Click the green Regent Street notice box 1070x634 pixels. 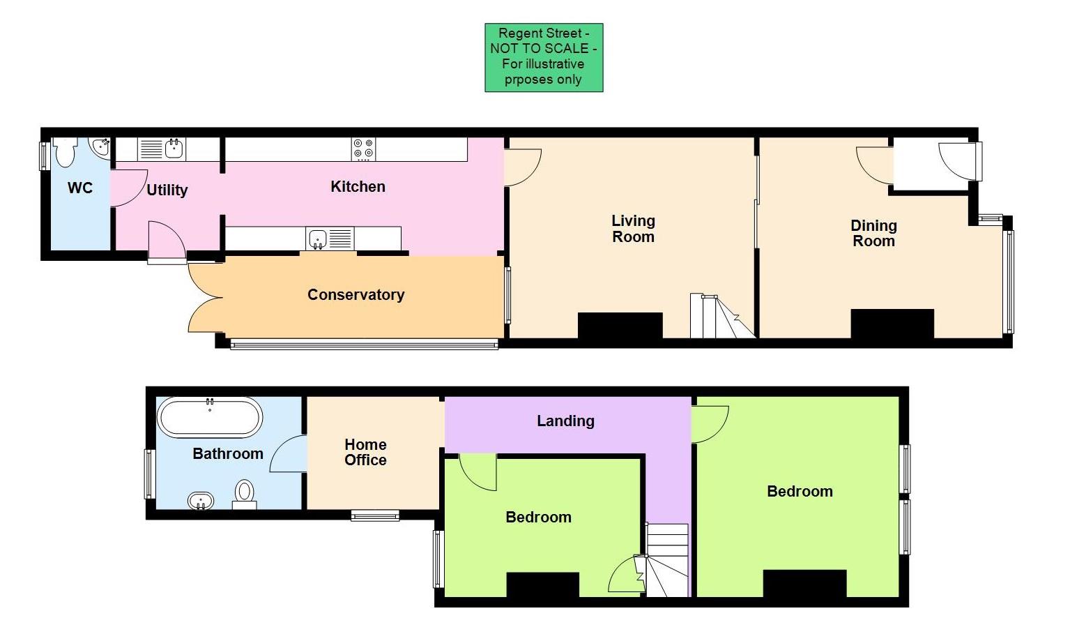tap(544, 57)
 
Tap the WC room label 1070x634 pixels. tap(80, 188)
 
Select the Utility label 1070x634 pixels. tap(167, 190)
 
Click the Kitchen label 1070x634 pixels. tap(358, 186)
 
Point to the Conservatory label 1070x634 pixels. tap(356, 294)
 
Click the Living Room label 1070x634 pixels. tap(633, 229)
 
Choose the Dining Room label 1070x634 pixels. tap(873, 233)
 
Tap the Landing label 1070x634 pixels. tap(565, 421)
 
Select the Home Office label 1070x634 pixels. tap(365, 452)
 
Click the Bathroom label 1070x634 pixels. tap(228, 453)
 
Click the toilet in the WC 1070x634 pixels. tap(65, 152)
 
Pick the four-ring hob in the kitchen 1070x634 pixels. tap(363, 149)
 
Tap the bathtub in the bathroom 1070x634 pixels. tap(210, 417)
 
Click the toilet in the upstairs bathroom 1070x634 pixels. tap(244, 493)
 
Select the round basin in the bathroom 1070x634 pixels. tap(201, 500)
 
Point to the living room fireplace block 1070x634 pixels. tap(620, 326)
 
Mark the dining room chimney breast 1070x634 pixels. tap(892, 324)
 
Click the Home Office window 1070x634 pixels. tap(375, 516)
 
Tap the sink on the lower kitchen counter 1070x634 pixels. tap(317, 239)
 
